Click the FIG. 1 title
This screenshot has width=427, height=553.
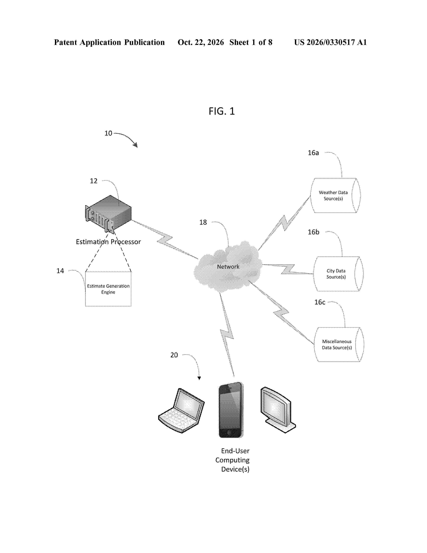(x=222, y=111)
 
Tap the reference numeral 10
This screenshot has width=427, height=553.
(x=108, y=133)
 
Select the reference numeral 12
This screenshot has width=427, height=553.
(x=94, y=181)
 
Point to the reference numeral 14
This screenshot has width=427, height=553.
(x=60, y=271)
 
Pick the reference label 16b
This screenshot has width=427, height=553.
(x=313, y=232)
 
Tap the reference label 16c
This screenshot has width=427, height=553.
(x=320, y=302)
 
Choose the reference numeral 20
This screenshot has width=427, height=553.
(x=174, y=355)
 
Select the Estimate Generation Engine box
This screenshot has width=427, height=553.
(x=108, y=289)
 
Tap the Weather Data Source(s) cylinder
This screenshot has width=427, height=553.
(x=335, y=195)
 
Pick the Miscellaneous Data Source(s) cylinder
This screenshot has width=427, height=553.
(x=339, y=344)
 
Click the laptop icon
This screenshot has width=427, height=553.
(x=181, y=410)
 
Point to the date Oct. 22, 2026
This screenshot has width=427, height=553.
(x=201, y=42)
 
